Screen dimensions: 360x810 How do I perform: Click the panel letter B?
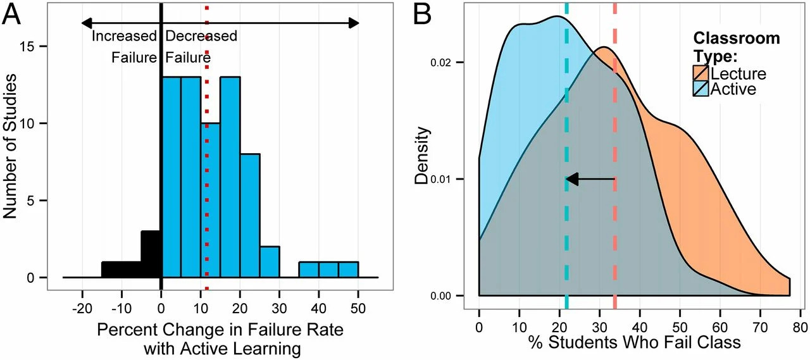(425, 15)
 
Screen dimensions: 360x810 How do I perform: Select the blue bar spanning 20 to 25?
(250, 215)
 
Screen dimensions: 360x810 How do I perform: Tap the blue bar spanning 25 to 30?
(270, 262)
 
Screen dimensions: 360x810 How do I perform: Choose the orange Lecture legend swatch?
(702, 74)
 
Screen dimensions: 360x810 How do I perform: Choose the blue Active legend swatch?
(702, 89)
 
